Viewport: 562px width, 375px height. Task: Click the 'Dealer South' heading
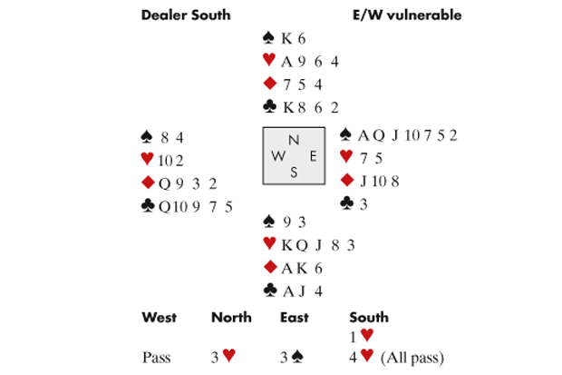click(186, 15)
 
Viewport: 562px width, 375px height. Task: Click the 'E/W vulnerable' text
click(408, 15)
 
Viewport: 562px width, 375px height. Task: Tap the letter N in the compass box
click(292, 140)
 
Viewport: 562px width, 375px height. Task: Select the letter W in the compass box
click(276, 156)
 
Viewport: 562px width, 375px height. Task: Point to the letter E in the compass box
click(312, 156)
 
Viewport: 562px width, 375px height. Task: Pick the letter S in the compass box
click(292, 172)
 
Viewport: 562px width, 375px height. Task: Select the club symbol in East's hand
click(346, 202)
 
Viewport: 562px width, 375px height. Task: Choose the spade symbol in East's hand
click(346, 135)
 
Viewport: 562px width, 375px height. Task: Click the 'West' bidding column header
click(160, 318)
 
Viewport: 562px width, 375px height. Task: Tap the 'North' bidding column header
click(231, 318)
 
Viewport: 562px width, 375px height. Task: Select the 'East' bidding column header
click(295, 318)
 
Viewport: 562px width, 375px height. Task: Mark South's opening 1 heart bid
click(361, 336)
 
